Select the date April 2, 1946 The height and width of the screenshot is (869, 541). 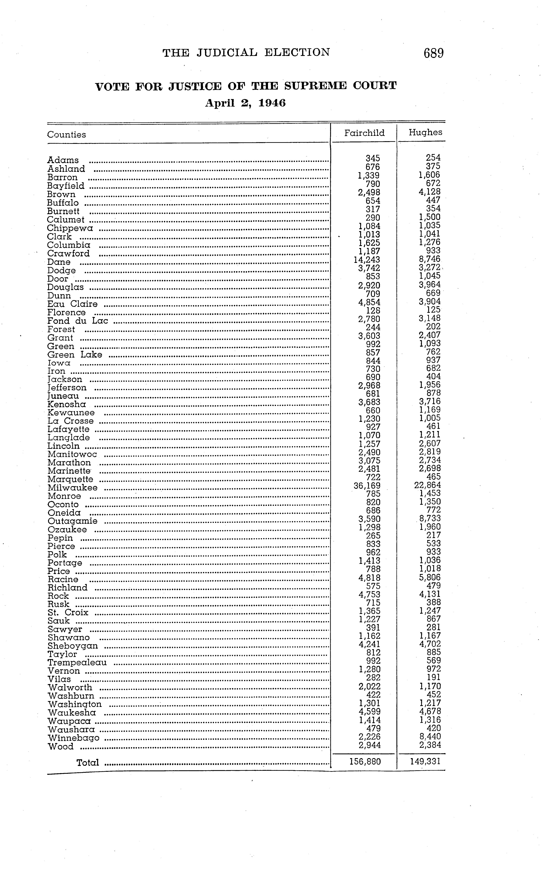246,103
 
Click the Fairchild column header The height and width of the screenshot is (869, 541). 364,133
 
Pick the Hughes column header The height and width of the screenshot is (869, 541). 425,132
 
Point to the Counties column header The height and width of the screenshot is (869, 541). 67,135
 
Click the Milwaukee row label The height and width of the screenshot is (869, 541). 72,488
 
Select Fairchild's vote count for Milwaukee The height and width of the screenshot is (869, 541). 367,486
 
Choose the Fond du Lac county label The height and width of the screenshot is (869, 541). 78,321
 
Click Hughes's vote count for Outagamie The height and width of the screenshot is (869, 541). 430,519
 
